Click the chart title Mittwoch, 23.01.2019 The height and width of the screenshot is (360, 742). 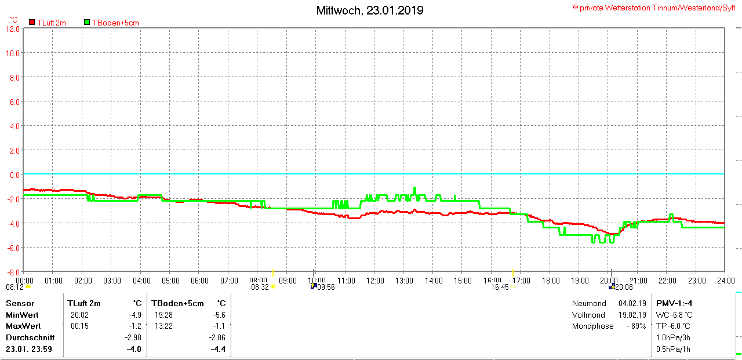370,10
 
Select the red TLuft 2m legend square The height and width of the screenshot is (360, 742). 32,23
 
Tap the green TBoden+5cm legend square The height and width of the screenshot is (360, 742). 87,23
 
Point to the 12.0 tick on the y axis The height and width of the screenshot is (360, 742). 12,28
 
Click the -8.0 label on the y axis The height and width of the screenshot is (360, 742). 12,272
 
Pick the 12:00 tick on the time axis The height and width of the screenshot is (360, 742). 375,281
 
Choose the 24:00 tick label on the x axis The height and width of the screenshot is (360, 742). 725,281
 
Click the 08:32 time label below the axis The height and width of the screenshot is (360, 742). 260,287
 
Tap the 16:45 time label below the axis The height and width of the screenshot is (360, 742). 500,287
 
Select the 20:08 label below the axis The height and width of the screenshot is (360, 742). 624,287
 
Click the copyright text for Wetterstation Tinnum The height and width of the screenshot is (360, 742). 654,8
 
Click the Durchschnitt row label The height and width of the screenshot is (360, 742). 30,337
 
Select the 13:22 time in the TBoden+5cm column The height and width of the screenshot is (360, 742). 163,326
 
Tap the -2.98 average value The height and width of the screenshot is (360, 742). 133,337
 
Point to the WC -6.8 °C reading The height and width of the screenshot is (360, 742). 674,315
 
